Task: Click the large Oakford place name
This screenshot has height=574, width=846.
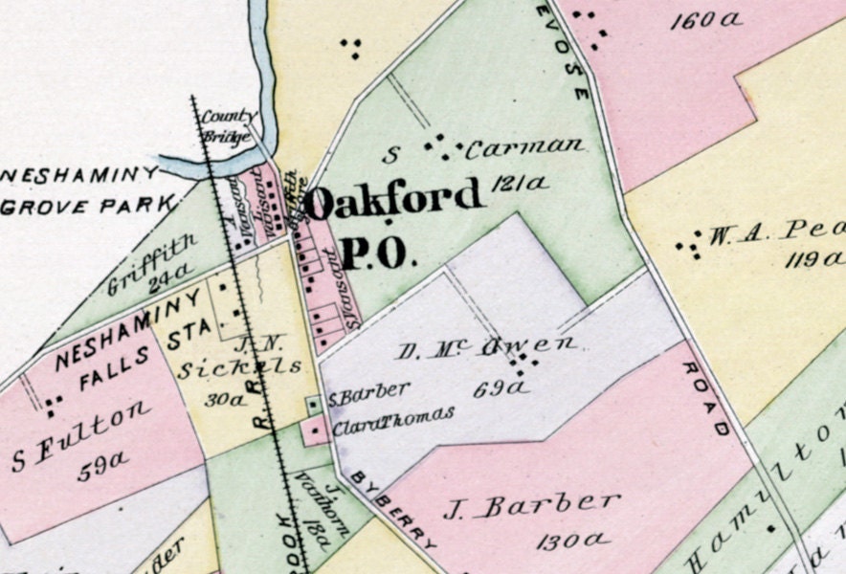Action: pyautogui.click(x=394, y=199)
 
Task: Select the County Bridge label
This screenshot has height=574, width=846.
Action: pyautogui.click(x=226, y=130)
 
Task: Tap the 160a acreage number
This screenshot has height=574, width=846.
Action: pyautogui.click(x=707, y=20)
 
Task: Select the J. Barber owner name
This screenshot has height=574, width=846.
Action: pyautogui.click(x=532, y=505)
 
